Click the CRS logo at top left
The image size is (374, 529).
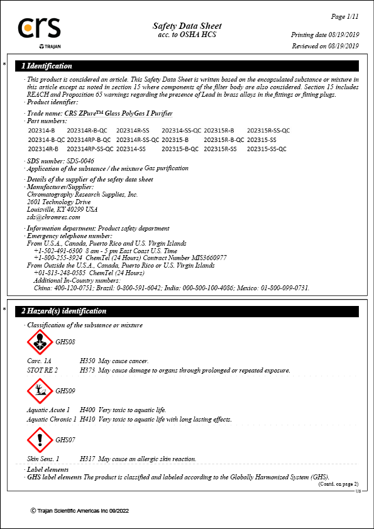pos(39,29)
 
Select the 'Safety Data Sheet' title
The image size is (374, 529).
pos(187,26)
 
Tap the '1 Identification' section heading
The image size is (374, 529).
pos(47,66)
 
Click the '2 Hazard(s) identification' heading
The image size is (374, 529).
pos(64,311)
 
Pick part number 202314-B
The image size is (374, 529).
pos(41,130)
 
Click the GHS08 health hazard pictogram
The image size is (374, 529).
pos(40,342)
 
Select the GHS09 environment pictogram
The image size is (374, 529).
pos(40,391)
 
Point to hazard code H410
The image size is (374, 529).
pos(87,418)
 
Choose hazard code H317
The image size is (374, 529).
pos(87,459)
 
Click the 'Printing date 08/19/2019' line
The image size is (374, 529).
pos(324,35)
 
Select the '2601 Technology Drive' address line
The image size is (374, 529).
pos(59,202)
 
